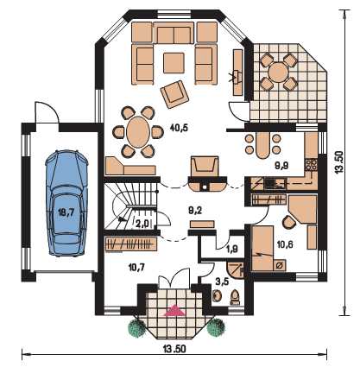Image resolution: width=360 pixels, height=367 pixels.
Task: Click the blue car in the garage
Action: coord(66,203)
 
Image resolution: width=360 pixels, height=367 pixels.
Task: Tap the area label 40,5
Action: coord(179,128)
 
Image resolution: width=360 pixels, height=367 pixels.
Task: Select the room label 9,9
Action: coord(281,165)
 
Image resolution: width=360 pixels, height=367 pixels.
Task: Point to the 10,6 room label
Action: coord(285,244)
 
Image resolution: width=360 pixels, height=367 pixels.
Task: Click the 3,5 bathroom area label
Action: coord(222,282)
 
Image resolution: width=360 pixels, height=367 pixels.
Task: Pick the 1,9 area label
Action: coord(232,249)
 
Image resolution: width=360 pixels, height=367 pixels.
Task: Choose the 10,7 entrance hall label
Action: coord(137,268)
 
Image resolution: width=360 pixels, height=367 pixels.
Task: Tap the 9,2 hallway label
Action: coord(195,211)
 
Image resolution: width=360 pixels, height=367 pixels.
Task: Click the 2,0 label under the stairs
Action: coord(142,224)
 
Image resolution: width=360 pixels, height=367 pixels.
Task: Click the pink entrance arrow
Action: coord(174,311)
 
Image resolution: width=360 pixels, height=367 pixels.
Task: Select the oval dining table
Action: coord(138,132)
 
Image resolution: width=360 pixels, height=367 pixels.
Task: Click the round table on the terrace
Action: coord(279,72)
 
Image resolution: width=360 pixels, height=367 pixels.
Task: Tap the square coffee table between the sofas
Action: coord(174,63)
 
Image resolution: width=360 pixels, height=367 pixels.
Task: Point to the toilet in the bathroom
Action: coord(235,297)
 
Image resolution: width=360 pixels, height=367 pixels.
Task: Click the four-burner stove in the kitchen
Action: coord(311,165)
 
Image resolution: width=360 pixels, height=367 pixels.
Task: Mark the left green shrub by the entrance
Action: coord(137,327)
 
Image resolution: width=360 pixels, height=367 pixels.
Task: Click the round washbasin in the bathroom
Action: coord(217,295)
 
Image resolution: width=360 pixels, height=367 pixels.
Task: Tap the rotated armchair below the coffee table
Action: coord(174,94)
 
